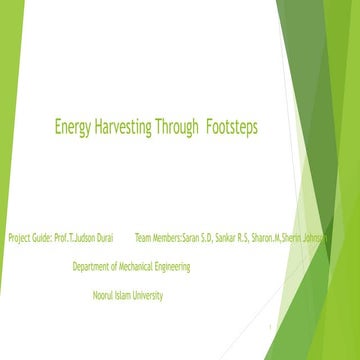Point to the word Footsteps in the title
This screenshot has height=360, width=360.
click(236, 128)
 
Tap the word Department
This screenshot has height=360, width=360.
click(94, 267)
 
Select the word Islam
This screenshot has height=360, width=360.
click(127, 295)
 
